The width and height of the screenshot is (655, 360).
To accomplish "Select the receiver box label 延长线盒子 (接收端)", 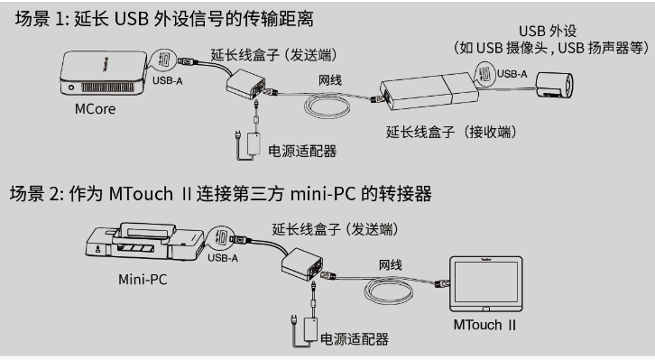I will tap(451, 133).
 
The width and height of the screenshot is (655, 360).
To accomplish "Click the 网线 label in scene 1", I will tap(333, 80).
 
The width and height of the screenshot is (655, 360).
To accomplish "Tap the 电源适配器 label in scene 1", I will tap(302, 150).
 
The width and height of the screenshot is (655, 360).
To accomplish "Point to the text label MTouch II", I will tap(484, 325).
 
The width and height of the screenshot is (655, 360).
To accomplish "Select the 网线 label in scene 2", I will tap(390, 264).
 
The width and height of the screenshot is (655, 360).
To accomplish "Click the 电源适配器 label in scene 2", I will tap(354, 338).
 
